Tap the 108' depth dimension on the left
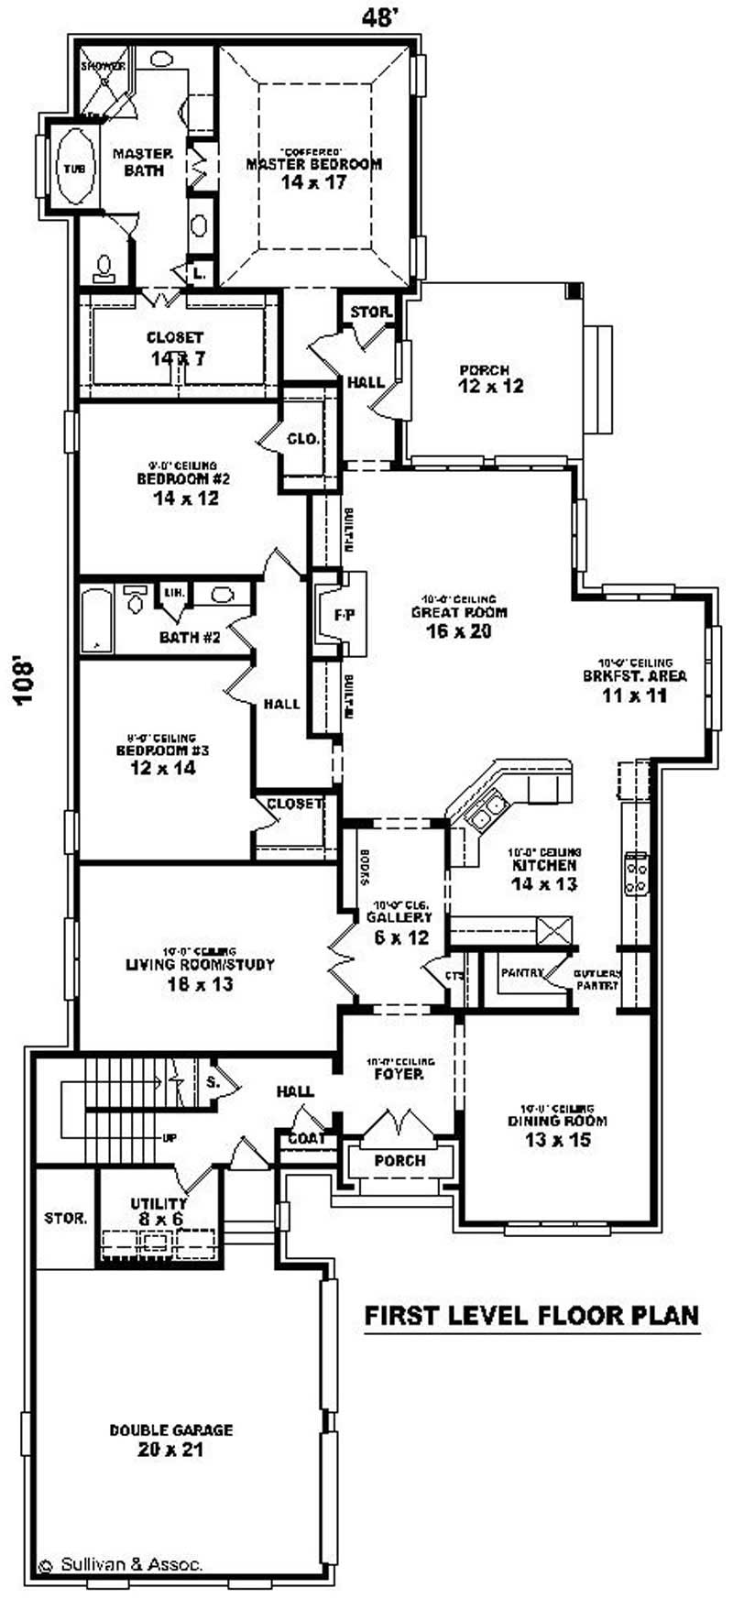coord(25,677)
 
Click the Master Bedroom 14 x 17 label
coord(313,172)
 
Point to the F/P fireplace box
coord(343,615)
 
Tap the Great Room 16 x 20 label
coord(458,621)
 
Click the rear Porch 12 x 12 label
coord(491,378)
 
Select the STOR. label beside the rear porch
coord(371,312)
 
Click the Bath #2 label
coord(190,637)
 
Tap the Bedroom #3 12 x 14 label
coord(162,759)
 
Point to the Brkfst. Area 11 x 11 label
coord(635,685)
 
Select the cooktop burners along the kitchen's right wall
coord(636,872)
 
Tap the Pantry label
coord(522,973)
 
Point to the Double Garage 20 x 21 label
coord(170,1439)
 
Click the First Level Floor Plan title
coord(531,1315)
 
